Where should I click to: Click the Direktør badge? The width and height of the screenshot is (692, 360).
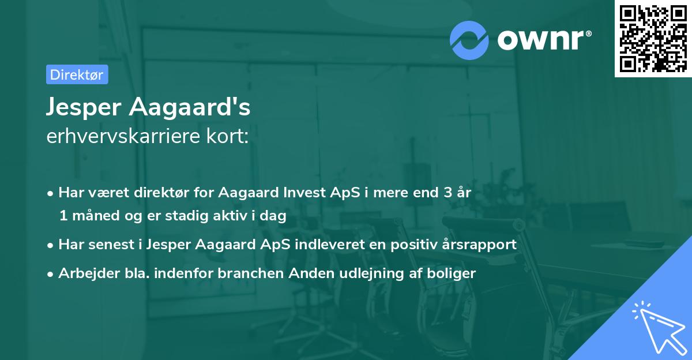tap(77, 74)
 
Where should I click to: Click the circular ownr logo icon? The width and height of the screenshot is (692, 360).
tap(469, 40)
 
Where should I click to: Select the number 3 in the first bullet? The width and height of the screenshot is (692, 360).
tap(447, 193)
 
